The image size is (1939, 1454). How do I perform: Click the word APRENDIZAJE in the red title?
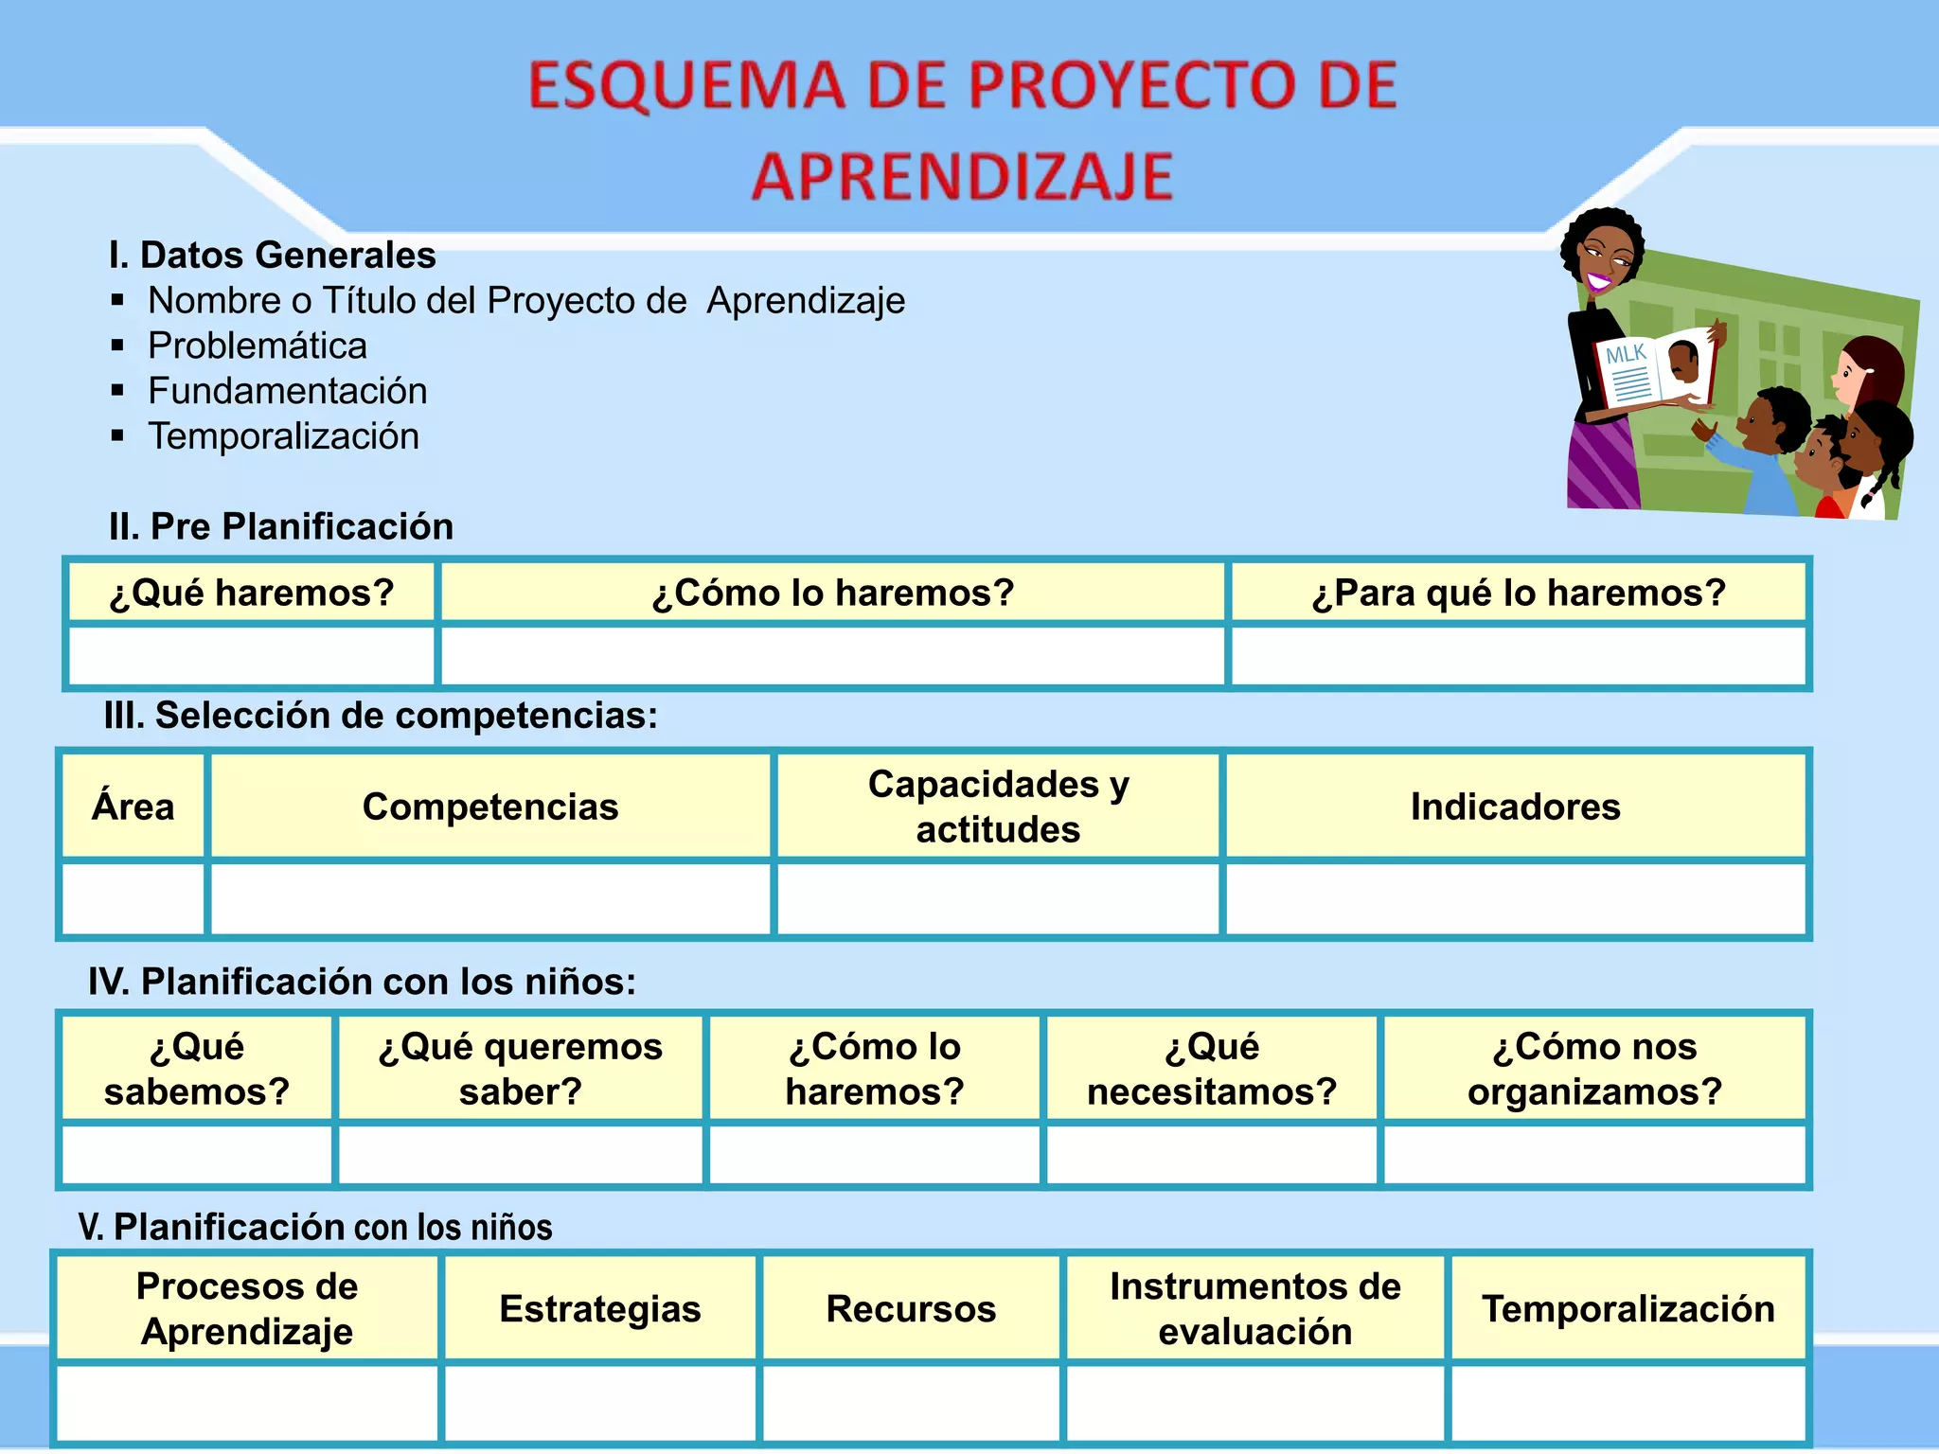click(962, 177)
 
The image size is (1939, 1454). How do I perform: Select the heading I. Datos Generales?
click(272, 256)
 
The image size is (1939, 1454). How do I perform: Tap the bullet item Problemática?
click(257, 346)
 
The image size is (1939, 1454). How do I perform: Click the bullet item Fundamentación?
click(287, 391)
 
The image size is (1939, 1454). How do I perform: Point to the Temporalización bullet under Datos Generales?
click(283, 436)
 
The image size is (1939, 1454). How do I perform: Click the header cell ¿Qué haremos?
click(252, 593)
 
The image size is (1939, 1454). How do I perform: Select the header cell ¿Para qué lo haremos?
click(1519, 593)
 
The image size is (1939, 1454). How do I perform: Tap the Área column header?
click(133, 807)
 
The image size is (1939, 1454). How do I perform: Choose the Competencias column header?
click(490, 807)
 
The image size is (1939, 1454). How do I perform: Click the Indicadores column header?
click(1515, 807)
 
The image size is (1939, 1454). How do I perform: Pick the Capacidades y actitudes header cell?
click(998, 807)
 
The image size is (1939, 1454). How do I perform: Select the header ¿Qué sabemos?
click(197, 1069)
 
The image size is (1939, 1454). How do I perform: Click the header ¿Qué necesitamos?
click(1211, 1069)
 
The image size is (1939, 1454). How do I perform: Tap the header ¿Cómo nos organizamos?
click(1594, 1069)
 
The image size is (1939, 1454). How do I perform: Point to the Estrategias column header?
click(600, 1308)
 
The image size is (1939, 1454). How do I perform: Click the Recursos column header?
click(911, 1308)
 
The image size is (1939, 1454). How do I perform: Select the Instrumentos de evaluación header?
click(1255, 1308)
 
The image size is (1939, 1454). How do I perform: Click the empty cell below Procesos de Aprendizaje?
click(247, 1403)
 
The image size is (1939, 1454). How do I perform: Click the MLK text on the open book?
click(1626, 355)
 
